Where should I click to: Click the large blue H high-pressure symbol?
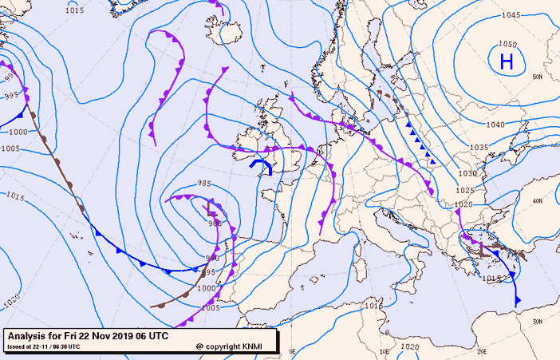coord(506,61)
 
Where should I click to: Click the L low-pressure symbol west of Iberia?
coord(211,211)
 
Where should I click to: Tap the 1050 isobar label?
coord(507,45)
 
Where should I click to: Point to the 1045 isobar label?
coord(511,15)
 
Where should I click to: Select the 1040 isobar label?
coord(495,125)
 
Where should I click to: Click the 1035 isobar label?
coord(479,148)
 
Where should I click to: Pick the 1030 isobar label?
coord(467,173)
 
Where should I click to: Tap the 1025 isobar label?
coord(464,190)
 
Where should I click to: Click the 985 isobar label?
coord(203,184)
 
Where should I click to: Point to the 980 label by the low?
coord(215,224)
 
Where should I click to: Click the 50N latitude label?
coord(537,77)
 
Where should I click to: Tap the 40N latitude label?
coord(538,201)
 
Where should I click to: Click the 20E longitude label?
coord(481,350)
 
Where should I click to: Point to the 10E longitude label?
coord(386,350)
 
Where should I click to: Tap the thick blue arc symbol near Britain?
coord(261,165)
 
